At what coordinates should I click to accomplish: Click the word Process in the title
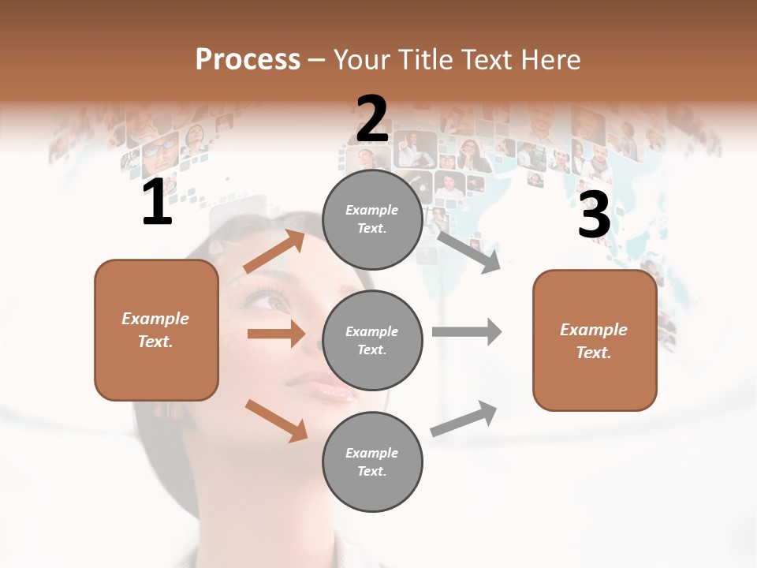tap(248, 60)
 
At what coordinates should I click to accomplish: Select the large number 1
tap(157, 203)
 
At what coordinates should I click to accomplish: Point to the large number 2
tap(372, 119)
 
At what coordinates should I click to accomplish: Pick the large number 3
tap(594, 215)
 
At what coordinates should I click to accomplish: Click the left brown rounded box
tap(156, 330)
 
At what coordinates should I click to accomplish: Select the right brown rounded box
tap(595, 341)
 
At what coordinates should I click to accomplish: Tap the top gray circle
tap(372, 219)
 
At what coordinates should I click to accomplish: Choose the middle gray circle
tap(372, 341)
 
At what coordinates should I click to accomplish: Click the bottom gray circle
tap(372, 462)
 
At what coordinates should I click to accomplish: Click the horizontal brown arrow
tap(276, 334)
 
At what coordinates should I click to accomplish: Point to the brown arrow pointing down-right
tap(276, 420)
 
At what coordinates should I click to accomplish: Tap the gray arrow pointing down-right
tap(468, 252)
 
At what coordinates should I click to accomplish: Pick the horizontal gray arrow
tap(466, 331)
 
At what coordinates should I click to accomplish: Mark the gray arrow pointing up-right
tap(464, 419)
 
